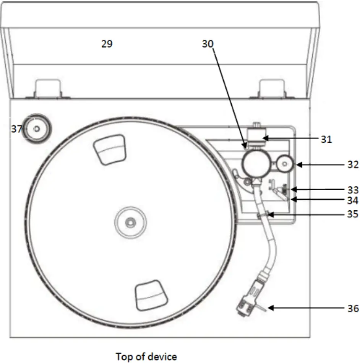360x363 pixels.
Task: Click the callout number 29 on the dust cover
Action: pos(107,44)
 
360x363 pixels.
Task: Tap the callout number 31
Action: pos(326,139)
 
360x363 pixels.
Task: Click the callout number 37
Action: pos(16,129)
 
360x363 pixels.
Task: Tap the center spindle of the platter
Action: pos(131,221)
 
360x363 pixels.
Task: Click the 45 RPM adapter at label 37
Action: pos(37,130)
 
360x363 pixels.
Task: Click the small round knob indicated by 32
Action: pos(285,164)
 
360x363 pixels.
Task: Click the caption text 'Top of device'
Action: pos(146,356)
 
